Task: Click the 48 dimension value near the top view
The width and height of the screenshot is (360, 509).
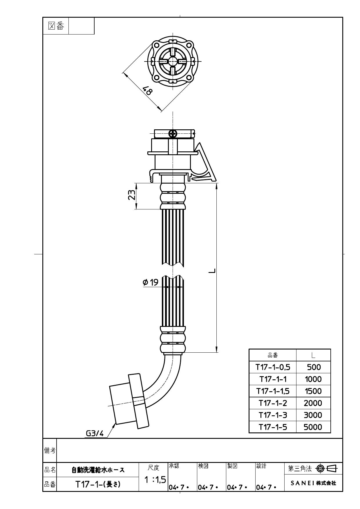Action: click(148, 91)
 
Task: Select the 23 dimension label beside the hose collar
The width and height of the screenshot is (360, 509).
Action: click(132, 195)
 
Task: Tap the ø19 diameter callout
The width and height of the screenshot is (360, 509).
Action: click(151, 282)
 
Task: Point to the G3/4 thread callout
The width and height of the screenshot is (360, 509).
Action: click(95, 433)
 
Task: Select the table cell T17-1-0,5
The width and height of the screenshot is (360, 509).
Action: click(273, 367)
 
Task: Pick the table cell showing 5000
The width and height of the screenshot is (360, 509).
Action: click(313, 427)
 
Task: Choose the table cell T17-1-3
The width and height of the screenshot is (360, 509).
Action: click(273, 415)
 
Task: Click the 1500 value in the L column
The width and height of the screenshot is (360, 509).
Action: click(313, 391)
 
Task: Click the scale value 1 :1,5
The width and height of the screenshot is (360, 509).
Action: click(155, 480)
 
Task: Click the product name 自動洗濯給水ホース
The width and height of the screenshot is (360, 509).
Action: click(98, 470)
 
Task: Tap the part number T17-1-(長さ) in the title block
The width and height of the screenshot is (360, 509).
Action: click(98, 484)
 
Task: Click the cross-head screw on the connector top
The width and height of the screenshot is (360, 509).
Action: click(173, 133)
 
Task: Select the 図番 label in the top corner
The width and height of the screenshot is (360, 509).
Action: click(56, 26)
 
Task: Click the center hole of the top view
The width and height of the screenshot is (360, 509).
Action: click(173, 61)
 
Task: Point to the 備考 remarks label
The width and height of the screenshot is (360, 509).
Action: click(50, 450)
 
